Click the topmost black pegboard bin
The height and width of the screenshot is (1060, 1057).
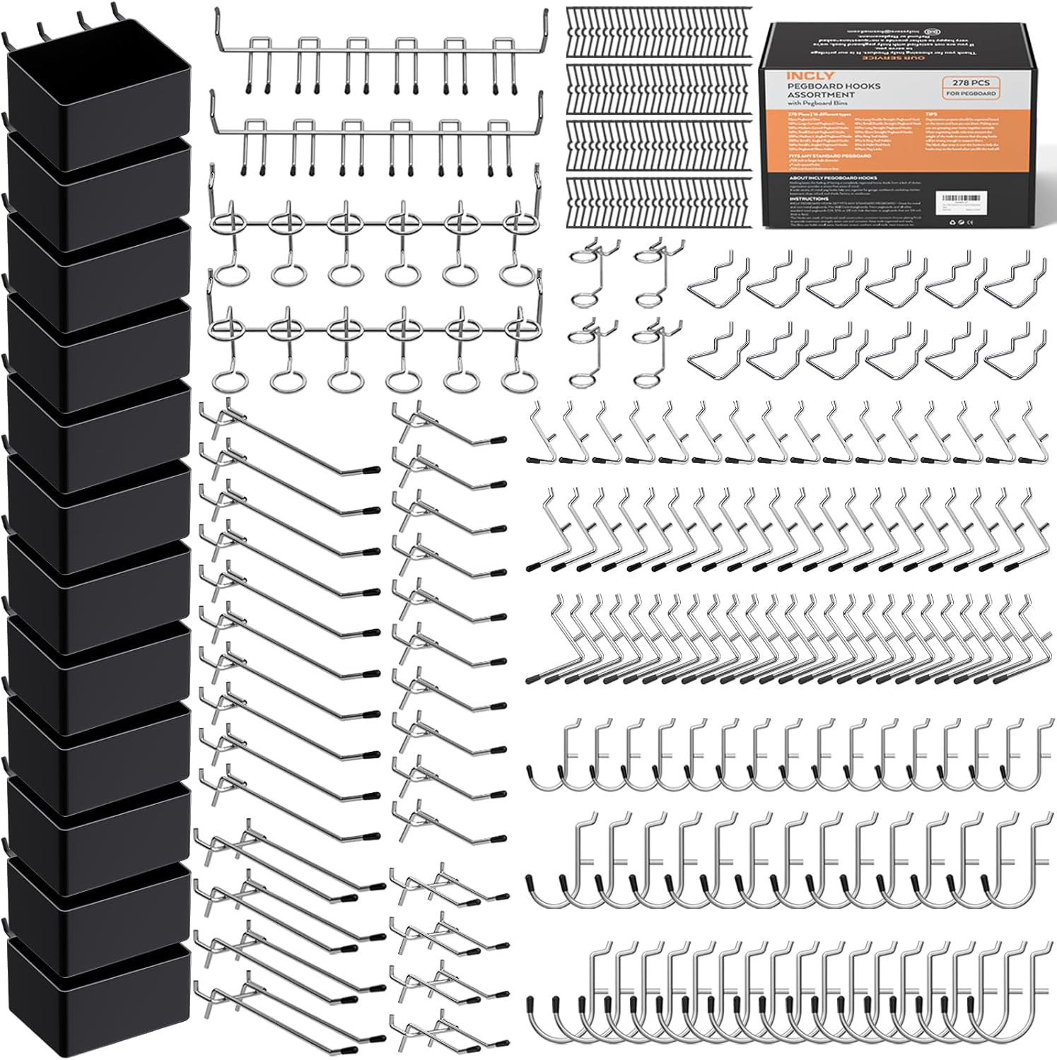tap(99, 92)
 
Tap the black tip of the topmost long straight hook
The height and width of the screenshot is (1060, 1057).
tap(370, 469)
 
